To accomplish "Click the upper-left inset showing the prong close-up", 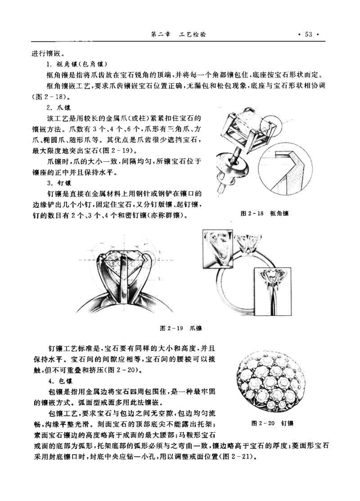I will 218,248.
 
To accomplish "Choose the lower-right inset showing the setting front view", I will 272,292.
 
